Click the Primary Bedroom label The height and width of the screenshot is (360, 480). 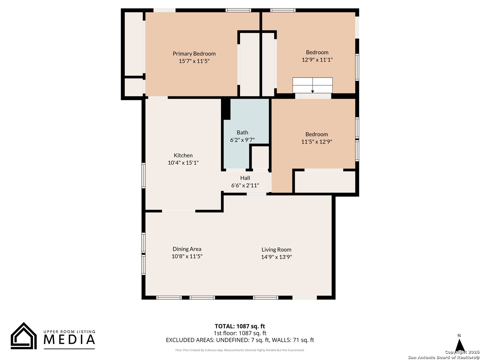click(194, 54)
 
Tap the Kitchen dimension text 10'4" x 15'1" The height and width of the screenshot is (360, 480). click(183, 163)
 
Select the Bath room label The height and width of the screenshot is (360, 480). click(242, 132)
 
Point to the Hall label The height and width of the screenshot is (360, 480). click(245, 178)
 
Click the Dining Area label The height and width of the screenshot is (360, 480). click(187, 249)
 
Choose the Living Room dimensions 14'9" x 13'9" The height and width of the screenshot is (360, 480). click(276, 257)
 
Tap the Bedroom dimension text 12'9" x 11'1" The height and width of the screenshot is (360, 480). click(317, 60)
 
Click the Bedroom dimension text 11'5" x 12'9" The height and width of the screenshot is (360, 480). click(317, 142)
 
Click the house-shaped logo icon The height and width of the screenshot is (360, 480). click(24, 336)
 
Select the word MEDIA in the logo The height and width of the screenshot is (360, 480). click(69, 339)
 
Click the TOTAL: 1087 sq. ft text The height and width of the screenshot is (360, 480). click(240, 326)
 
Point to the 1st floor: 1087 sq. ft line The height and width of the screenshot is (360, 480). click(240, 333)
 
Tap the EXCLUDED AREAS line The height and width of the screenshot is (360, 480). click(240, 340)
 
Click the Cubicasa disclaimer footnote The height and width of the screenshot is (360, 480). click(240, 350)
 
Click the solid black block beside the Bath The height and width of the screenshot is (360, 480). click(226, 109)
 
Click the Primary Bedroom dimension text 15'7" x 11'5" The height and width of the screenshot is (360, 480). click(194, 61)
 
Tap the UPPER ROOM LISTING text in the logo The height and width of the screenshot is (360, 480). click(69, 332)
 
